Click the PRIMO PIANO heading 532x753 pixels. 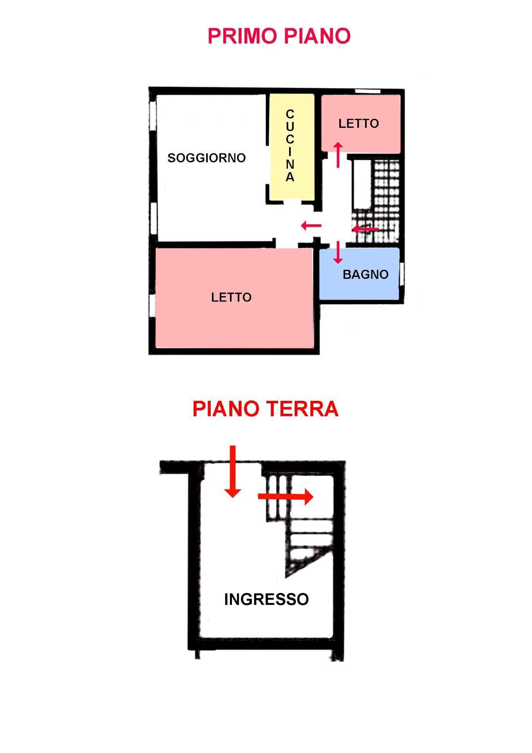(x=279, y=36)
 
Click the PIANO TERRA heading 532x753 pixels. (x=265, y=409)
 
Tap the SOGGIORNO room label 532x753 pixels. (x=206, y=158)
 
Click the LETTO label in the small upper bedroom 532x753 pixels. (x=358, y=124)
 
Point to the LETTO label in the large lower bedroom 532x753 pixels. (x=231, y=297)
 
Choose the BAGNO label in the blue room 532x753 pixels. (x=365, y=275)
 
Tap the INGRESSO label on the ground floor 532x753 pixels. (x=266, y=599)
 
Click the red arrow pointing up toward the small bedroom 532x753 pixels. (x=338, y=155)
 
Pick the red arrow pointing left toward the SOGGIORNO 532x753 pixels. (x=311, y=226)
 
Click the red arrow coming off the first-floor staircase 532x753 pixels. (x=366, y=229)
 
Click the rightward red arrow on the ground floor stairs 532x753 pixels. (x=286, y=497)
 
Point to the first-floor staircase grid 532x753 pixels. (x=386, y=200)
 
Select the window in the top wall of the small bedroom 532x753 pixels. (x=367, y=91)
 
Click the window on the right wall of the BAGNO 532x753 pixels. (x=402, y=275)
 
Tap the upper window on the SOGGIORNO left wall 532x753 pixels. (x=153, y=114)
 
